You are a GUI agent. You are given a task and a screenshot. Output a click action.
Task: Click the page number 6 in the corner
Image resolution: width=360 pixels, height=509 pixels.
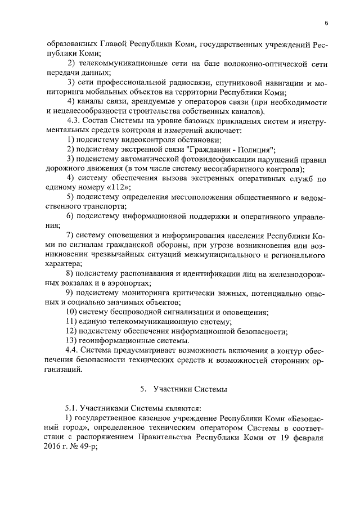point(326,23)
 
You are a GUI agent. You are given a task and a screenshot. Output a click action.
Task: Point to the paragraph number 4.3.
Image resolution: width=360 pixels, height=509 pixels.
point(74,121)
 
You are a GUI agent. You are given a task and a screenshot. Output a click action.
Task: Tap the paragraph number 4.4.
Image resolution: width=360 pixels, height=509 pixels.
point(74,350)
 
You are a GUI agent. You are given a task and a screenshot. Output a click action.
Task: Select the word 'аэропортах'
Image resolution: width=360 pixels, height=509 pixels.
point(131,283)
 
